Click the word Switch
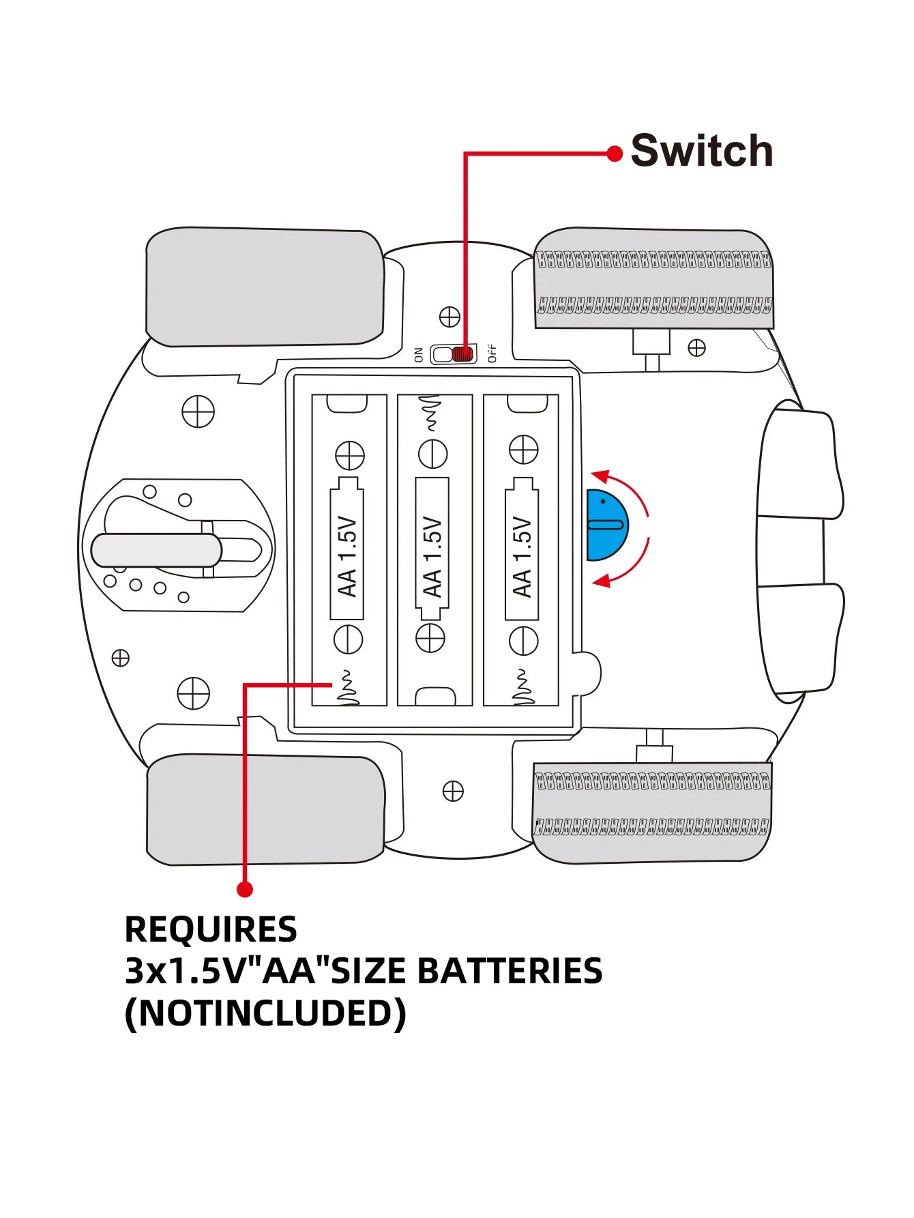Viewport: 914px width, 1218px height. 701,151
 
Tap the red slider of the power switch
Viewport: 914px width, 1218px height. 463,354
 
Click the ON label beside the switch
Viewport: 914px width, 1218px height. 419,354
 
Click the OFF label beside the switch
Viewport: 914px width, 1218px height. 492,353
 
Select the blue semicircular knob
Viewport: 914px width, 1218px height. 605,525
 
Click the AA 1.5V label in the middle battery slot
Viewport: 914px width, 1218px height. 432,557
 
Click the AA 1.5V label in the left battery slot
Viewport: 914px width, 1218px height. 347,557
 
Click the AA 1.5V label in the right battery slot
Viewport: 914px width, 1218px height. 522,557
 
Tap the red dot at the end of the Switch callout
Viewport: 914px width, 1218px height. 615,154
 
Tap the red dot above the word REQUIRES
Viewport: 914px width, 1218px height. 245,889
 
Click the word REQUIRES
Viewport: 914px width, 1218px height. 211,929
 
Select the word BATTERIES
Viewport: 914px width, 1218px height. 510,971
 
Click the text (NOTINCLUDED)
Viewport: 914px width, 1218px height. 265,1013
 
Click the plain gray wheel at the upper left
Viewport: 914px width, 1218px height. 265,287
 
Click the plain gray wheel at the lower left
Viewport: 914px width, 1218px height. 265,810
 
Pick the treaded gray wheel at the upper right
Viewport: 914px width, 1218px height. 654,279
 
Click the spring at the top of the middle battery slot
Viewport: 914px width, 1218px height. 432,414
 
